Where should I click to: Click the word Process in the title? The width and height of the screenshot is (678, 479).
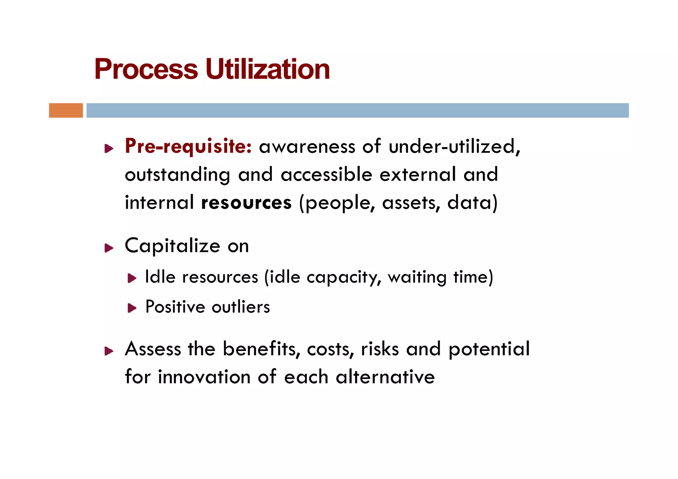[x=146, y=69]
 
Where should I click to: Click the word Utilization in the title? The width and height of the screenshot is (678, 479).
[x=267, y=69]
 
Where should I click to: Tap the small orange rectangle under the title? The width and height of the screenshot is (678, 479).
[x=66, y=110]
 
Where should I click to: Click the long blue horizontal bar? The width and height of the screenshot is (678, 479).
[x=358, y=110]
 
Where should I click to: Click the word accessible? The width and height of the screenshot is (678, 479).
[x=326, y=175]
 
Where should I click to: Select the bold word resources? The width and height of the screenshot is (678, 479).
[x=246, y=203]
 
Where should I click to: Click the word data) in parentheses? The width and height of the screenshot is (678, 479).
[x=472, y=203]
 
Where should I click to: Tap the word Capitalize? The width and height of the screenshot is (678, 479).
[x=172, y=246]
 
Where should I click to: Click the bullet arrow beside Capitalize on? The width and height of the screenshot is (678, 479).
[x=109, y=248]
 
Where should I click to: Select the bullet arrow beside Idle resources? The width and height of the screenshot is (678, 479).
[x=132, y=278]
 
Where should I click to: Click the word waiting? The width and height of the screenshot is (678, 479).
[x=417, y=278]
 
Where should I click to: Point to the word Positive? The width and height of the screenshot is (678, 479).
[x=175, y=307]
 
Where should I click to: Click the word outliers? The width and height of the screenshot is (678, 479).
[x=241, y=307]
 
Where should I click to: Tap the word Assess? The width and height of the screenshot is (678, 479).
[x=153, y=349]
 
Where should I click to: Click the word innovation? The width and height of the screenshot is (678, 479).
[x=204, y=377]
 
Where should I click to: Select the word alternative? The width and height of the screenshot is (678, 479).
[x=385, y=377]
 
